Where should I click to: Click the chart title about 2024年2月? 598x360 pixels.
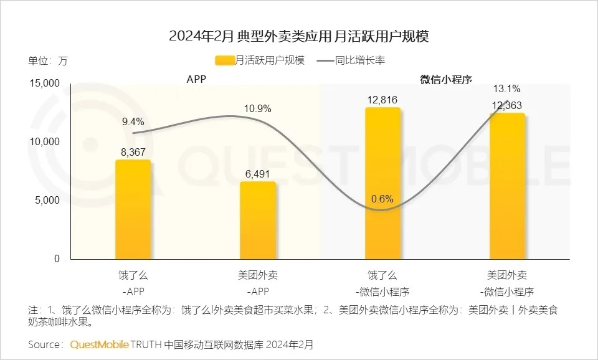(299, 36)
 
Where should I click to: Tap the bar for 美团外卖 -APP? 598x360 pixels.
(257, 220)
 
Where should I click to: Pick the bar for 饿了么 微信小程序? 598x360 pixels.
(382, 183)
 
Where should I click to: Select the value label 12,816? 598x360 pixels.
(382, 99)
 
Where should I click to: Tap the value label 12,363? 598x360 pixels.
(506, 105)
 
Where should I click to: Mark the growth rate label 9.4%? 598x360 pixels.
(133, 121)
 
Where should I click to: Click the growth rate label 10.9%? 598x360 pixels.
(257, 108)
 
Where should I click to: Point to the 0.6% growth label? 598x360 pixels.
(382, 199)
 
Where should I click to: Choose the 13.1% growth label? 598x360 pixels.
(506, 88)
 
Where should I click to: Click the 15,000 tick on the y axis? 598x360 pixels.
(44, 83)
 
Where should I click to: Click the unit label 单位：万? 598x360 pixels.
(47, 61)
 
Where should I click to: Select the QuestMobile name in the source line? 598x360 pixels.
(100, 344)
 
